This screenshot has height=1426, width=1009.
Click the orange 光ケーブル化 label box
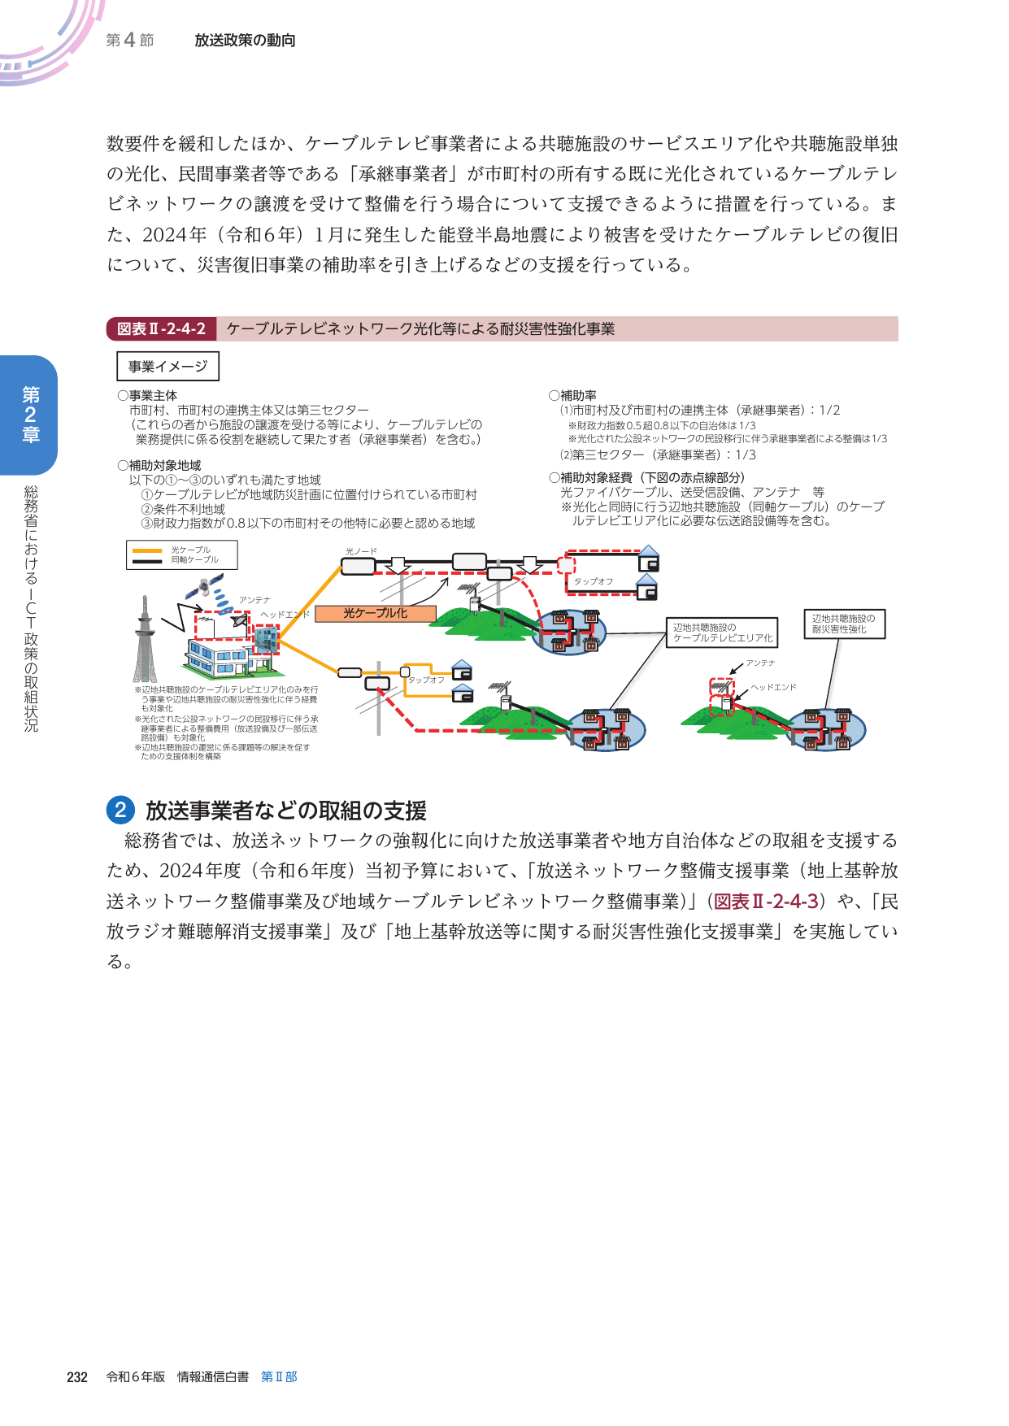(375, 614)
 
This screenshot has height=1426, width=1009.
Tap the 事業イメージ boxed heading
(167, 367)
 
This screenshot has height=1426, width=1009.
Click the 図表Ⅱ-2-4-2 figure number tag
(161, 329)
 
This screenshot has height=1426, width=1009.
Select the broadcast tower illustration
(145, 642)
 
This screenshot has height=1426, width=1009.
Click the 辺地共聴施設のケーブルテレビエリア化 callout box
(721, 633)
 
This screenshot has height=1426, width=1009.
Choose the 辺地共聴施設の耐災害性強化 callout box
(843, 624)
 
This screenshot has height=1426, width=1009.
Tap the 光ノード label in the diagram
(361, 551)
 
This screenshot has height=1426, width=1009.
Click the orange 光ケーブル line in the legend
(147, 550)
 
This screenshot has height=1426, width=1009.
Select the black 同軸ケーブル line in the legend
(147, 560)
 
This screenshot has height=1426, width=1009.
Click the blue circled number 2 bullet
(120, 810)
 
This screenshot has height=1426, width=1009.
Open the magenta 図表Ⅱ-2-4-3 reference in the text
(765, 902)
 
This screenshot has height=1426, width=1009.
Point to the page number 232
(77, 1377)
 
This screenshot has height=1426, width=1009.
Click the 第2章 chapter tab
(30, 415)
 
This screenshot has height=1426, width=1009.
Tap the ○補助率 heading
(573, 396)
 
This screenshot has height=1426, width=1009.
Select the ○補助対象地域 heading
(159, 466)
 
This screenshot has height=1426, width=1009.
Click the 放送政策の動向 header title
(245, 41)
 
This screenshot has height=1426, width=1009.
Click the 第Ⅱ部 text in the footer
(279, 1377)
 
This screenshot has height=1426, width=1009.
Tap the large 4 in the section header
(129, 40)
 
